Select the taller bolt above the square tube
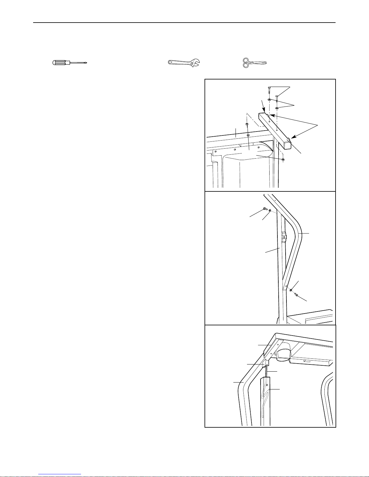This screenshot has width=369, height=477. pos(269,90)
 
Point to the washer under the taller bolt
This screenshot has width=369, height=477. pos(269,100)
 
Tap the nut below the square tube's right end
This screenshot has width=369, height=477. pos(283,159)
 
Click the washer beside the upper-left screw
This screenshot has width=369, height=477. pos(270,210)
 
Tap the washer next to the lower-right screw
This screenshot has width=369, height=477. pos(291,290)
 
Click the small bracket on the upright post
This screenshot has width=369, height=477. pos(283,237)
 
